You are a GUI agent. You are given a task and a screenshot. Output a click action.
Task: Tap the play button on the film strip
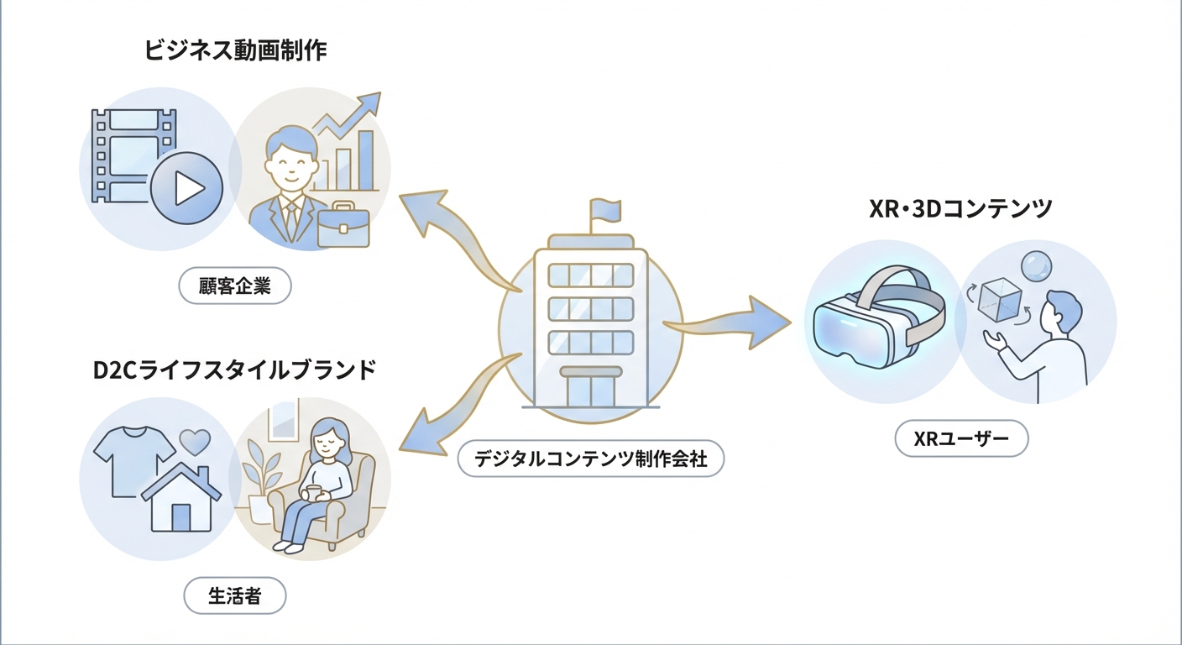pos(186,188)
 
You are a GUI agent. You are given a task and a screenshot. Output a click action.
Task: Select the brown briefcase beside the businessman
pos(343,223)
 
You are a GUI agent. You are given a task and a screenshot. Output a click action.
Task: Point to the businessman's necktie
pos(290,220)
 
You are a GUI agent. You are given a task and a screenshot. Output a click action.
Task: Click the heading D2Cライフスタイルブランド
pos(234,370)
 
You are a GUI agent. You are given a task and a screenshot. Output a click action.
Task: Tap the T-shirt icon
pos(128,457)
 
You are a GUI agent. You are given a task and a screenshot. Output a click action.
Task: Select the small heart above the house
pos(195,441)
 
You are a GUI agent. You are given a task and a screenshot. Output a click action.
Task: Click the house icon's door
pos(180,517)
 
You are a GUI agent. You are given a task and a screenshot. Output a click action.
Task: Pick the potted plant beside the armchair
pos(261,483)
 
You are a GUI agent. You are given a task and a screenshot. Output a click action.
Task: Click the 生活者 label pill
pos(235,596)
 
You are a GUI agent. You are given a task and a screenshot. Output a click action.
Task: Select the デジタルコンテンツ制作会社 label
pos(591,459)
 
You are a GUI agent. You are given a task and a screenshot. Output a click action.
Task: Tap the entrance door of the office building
pos(590,390)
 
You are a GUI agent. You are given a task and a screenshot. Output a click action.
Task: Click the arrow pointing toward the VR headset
pos(730,322)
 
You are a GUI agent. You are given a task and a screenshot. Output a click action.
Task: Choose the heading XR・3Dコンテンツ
pos(960,208)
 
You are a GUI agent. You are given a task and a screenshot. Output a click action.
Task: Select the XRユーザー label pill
pos(961,438)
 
